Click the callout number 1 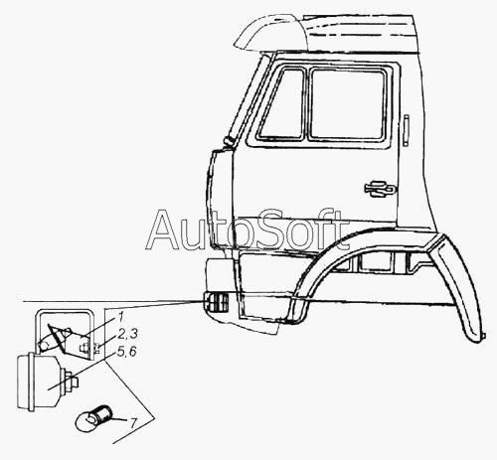(x=120, y=318)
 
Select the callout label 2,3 (x=127, y=334)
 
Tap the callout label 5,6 (x=126, y=352)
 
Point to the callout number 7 (x=132, y=423)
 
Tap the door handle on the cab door (x=380, y=189)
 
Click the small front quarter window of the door (x=282, y=104)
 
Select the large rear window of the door (x=348, y=104)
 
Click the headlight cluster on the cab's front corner (x=216, y=302)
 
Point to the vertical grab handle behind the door (x=407, y=130)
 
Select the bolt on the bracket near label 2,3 (x=86, y=349)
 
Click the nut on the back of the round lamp (x=72, y=381)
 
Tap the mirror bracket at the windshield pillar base (x=229, y=140)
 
